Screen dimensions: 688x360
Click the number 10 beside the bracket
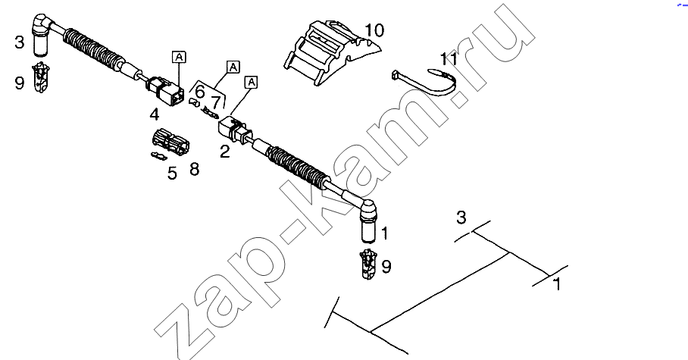coord(374,30)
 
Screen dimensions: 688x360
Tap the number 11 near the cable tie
coord(449,59)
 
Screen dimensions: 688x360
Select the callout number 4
coord(154,115)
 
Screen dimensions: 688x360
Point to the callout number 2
coord(224,152)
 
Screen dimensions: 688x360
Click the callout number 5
coord(172,174)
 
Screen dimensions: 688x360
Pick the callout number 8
coord(194,169)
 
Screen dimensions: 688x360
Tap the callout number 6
coord(199,92)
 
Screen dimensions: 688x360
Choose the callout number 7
coord(215,102)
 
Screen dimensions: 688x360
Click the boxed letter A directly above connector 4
coord(179,57)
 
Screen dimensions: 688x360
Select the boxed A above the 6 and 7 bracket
coord(233,67)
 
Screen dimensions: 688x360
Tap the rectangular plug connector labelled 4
coord(164,89)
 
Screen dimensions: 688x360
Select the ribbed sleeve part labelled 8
coord(170,142)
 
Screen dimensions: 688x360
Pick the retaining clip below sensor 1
coord(368,264)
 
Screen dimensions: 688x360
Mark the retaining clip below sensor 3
coord(40,78)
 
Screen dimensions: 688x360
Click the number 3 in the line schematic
coord(461,218)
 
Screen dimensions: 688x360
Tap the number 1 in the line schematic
coord(557,284)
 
